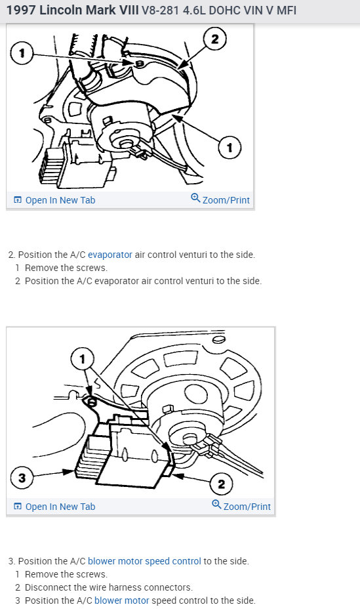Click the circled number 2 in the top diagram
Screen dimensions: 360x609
pos(215,39)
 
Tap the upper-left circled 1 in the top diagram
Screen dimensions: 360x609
pos(22,52)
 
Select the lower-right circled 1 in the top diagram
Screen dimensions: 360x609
pos(230,148)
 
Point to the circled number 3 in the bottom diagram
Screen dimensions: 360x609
pos(22,477)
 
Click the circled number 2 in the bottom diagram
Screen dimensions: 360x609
pos(221,484)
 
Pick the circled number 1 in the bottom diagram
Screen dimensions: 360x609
pos(82,359)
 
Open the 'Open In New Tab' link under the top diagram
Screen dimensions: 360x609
pos(54,200)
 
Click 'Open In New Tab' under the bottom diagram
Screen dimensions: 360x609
pos(54,507)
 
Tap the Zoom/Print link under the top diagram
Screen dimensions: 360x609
pos(220,199)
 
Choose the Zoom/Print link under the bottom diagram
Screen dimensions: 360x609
pos(241,506)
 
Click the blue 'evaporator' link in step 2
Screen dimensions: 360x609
pos(110,255)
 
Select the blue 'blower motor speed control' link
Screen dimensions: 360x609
pos(144,561)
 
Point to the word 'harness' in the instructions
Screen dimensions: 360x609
pos(124,587)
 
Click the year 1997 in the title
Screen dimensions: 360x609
pos(21,10)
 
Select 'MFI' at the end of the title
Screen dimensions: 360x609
pos(287,10)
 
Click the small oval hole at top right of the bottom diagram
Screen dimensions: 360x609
pos(219,340)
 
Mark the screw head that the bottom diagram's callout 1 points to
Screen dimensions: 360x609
pos(92,402)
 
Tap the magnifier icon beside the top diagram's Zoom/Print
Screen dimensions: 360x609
pos(195,198)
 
